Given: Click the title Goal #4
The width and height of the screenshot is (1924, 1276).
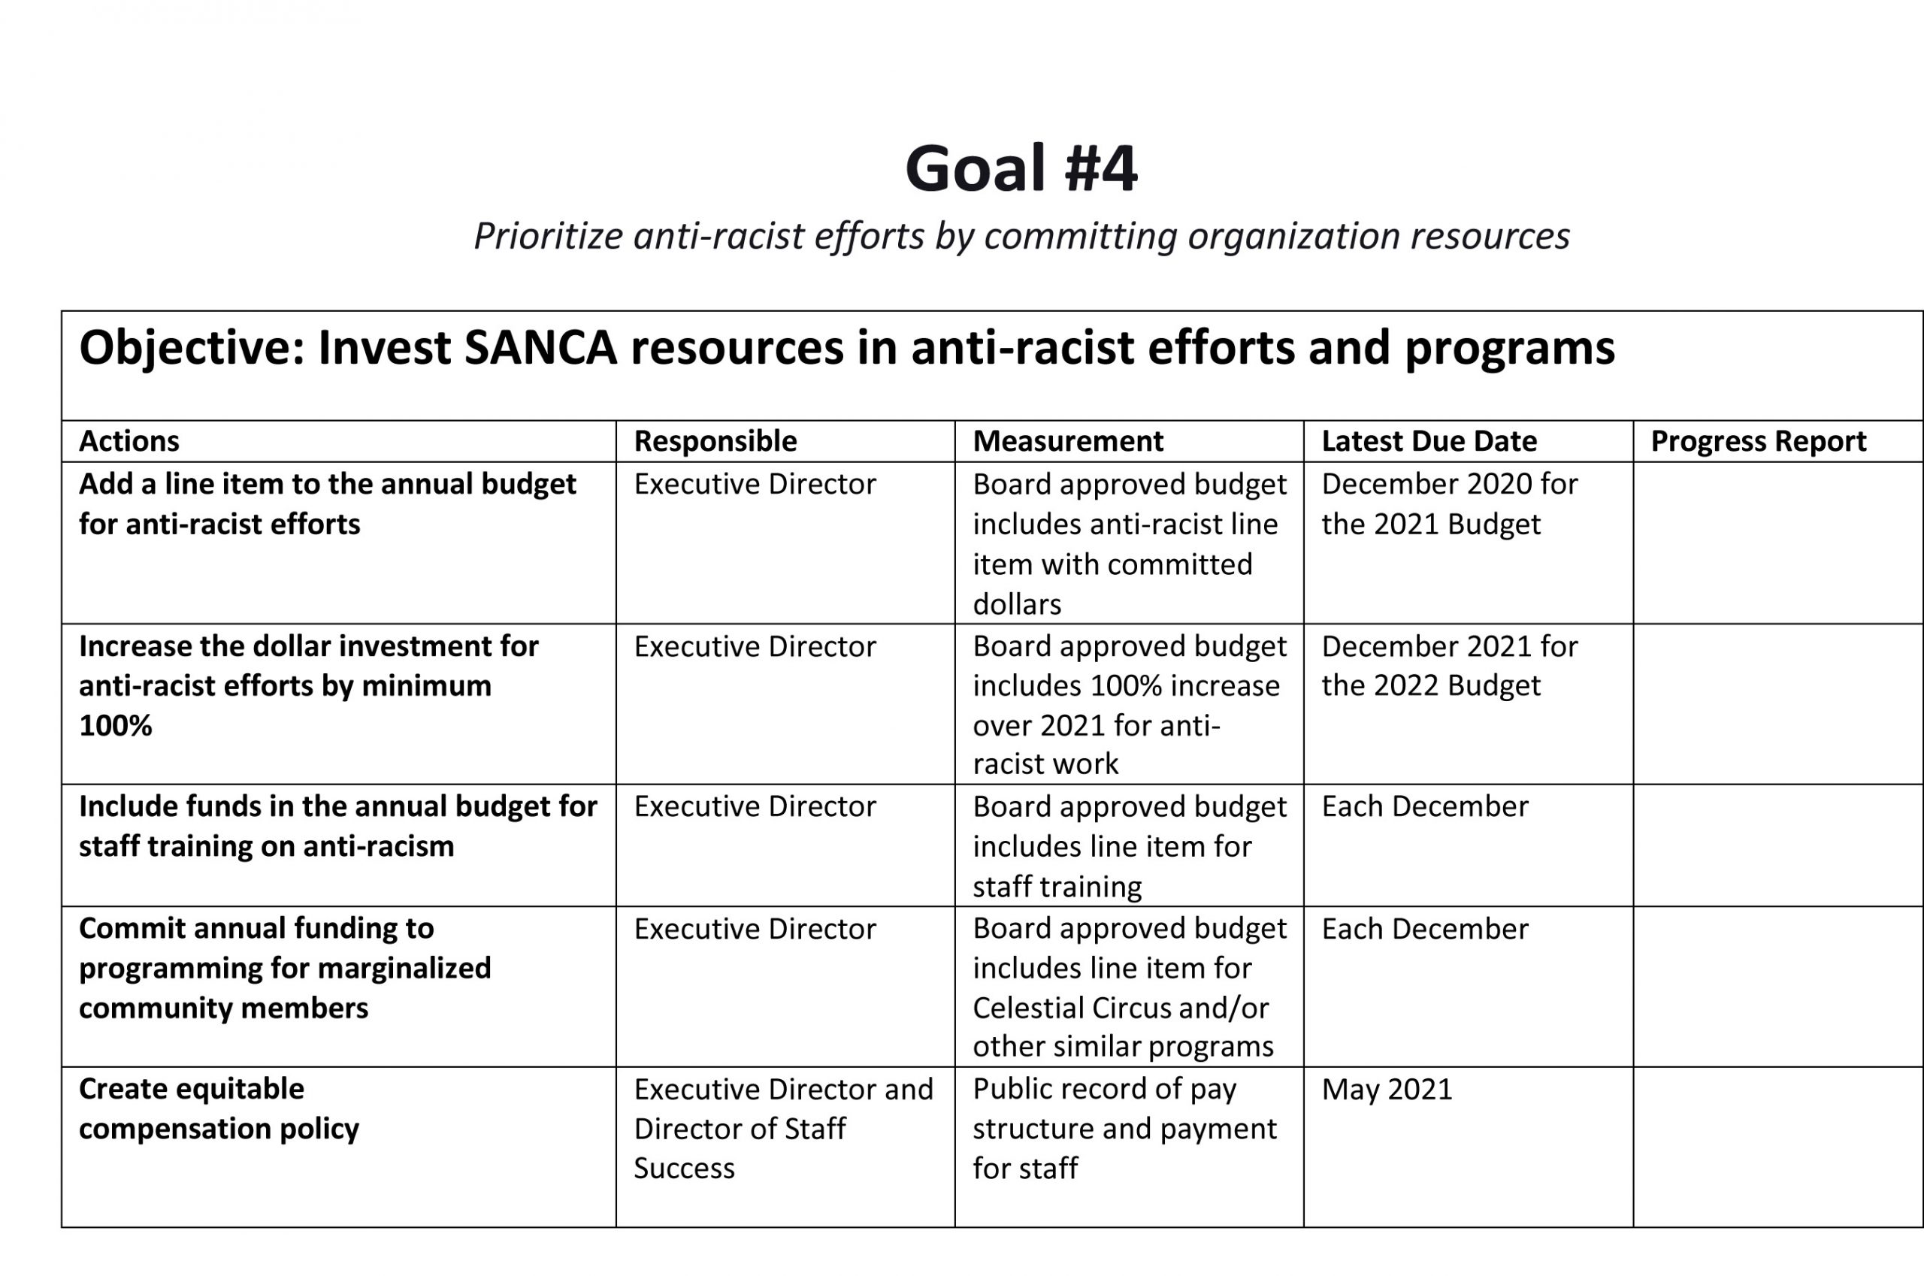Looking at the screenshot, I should pyautogui.click(x=1021, y=168).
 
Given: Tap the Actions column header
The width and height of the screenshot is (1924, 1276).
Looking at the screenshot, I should pyautogui.click(x=129, y=441).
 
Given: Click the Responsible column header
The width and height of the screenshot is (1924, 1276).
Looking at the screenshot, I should pyautogui.click(x=715, y=441).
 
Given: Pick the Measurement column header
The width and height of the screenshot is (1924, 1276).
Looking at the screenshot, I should pyautogui.click(x=1067, y=441).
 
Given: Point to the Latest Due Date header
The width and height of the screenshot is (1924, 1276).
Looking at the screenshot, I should pyautogui.click(x=1429, y=441).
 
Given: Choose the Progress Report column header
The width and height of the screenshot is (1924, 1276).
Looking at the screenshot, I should pyautogui.click(x=1758, y=441).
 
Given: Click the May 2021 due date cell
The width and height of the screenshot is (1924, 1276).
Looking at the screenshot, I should pyautogui.click(x=1386, y=1089).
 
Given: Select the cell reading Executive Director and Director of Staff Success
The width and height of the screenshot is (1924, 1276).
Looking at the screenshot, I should pyautogui.click(x=782, y=1128).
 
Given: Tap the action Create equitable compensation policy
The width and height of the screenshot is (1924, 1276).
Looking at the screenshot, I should pyautogui.click(x=219, y=1108).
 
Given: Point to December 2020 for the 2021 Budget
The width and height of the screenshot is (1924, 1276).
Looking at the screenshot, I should pyautogui.click(x=1449, y=503).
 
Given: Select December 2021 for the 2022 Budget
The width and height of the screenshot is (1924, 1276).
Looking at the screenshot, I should pyautogui.click(x=1449, y=666).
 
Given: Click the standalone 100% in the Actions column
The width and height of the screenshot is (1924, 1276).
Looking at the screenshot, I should pyautogui.click(x=116, y=725).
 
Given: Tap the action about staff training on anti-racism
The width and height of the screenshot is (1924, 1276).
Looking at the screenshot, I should pyautogui.click(x=337, y=826).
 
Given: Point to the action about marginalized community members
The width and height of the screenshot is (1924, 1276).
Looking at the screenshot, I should pyautogui.click(x=285, y=968).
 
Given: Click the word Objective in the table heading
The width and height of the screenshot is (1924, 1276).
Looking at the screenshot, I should pyautogui.click(x=191, y=348).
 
